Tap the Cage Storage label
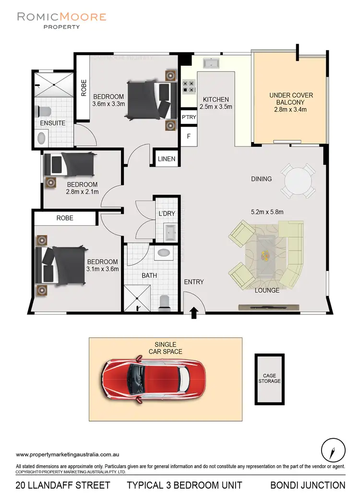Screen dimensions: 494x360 pos(269,378)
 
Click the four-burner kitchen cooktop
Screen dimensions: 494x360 pos(189,86)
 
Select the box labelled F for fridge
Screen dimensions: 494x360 pos(189,136)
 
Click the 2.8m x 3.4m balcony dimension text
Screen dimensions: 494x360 pos(288,110)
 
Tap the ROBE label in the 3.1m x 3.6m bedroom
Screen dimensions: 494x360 pos(65,217)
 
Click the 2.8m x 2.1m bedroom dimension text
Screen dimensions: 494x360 pos(82,193)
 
